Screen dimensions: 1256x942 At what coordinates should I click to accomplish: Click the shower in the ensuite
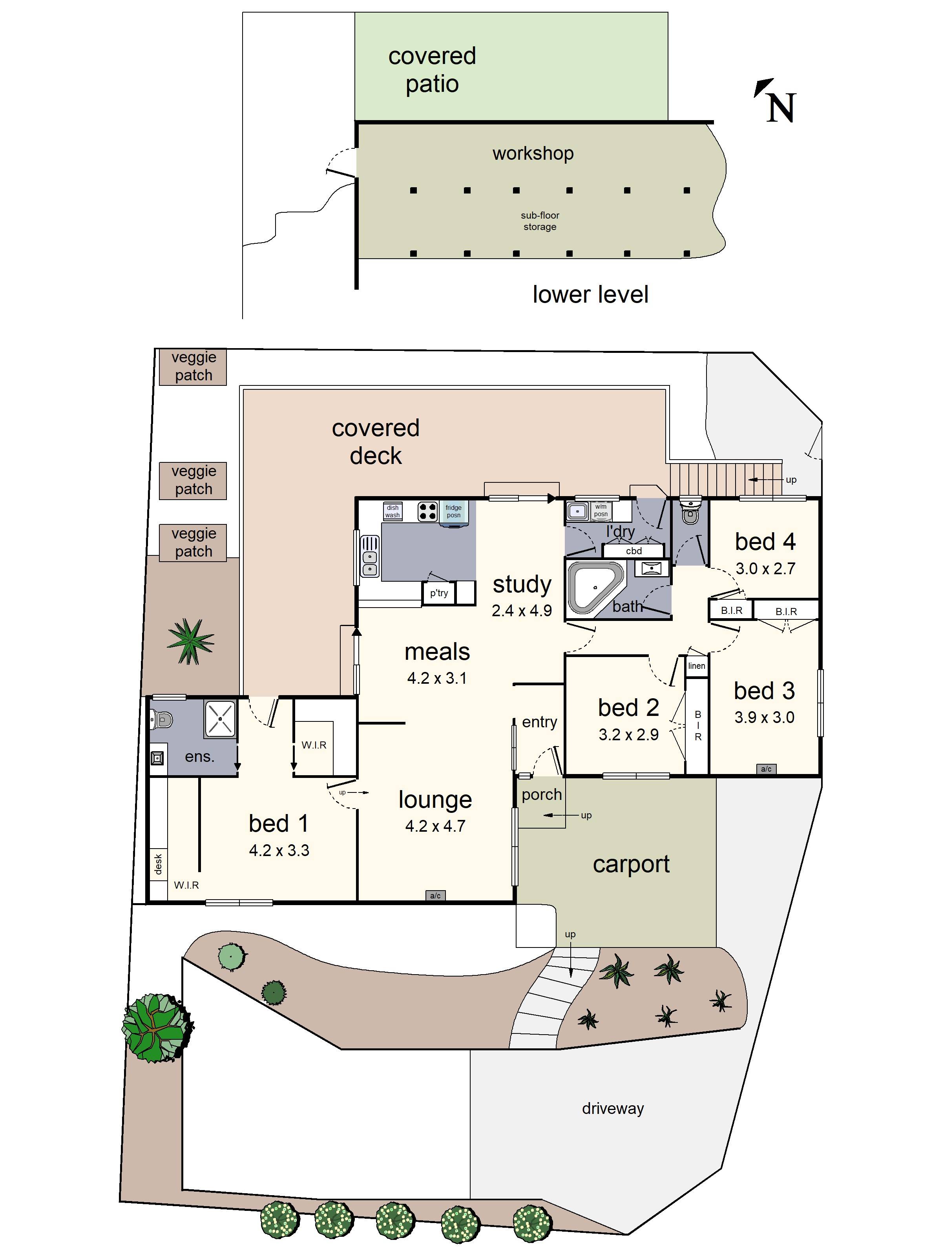point(220,719)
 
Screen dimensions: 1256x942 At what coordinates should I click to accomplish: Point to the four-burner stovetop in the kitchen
point(427,511)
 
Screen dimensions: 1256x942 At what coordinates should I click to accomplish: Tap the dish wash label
point(392,511)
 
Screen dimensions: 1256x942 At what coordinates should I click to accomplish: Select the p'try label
point(438,593)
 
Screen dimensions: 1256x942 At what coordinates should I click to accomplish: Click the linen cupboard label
point(696,665)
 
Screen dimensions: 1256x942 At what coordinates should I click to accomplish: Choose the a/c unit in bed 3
point(766,769)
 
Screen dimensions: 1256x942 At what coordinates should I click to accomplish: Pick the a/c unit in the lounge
point(435,895)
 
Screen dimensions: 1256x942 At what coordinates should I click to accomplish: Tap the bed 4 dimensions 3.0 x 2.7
point(765,568)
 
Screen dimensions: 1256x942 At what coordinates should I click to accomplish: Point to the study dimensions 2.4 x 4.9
point(521,610)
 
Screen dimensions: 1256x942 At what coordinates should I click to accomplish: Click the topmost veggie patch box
point(193,366)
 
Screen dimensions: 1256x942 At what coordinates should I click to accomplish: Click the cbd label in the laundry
point(633,551)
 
